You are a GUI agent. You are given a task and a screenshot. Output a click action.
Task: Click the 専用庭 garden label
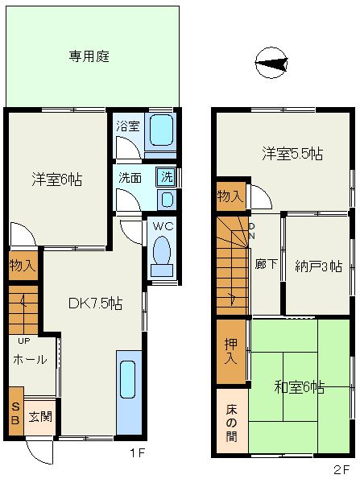[89, 56]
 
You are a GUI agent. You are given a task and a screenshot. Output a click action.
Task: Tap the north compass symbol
[271, 63]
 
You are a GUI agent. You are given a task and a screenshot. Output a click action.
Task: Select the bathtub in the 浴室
[160, 130]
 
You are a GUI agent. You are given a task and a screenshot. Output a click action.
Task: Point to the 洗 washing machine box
[167, 177]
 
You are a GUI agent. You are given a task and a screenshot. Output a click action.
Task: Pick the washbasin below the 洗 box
[167, 199]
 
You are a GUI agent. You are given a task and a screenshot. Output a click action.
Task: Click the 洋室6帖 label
[57, 180]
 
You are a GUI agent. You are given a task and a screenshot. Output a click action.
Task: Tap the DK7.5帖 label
[95, 303]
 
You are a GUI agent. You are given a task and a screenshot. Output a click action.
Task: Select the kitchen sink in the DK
[128, 379]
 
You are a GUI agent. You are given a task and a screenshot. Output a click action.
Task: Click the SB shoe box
[16, 411]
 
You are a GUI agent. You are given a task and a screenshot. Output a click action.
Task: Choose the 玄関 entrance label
[40, 417]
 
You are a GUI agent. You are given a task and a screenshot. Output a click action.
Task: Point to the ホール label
[31, 359]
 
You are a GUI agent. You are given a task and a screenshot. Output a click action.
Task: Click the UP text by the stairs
[23, 341]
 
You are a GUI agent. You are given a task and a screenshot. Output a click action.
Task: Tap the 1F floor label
[137, 452]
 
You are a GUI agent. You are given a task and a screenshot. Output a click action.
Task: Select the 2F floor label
[341, 470]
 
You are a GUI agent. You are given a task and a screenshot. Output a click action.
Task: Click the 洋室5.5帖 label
[292, 154]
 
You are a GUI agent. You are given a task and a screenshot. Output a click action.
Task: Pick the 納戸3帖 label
[318, 266]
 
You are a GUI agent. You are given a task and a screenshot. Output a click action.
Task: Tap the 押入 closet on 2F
[231, 352]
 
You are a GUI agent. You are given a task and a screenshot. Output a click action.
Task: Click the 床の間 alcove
[232, 421]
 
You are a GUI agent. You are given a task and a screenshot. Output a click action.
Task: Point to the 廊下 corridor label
[267, 264]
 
